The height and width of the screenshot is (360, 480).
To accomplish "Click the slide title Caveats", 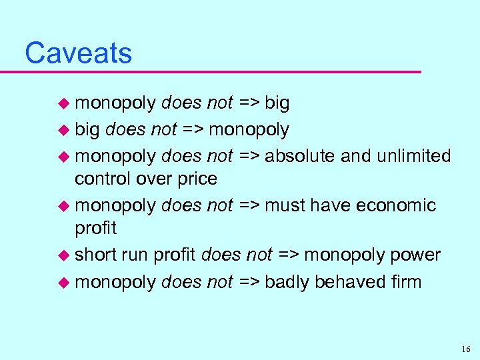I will point(78,53).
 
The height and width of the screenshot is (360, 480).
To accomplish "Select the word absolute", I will point(300,156).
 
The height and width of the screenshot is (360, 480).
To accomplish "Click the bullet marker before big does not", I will point(65,129).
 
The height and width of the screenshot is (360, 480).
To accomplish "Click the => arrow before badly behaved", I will point(249,283).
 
